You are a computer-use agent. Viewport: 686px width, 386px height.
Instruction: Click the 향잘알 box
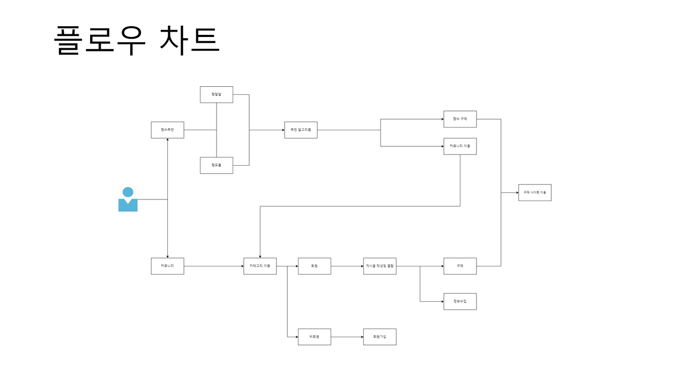217,94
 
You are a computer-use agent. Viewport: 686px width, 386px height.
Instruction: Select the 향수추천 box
167,130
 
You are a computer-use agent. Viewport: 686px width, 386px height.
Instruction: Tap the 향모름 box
217,165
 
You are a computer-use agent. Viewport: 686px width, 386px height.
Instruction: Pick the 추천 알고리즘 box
301,130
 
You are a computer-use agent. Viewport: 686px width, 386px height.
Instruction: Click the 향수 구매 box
460,119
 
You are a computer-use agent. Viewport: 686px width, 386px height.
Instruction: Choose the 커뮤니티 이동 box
460,146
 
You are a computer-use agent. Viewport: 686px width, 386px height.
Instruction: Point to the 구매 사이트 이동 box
535,192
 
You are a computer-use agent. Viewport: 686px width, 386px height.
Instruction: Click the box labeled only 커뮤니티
167,266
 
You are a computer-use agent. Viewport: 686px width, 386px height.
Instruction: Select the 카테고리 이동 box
260,266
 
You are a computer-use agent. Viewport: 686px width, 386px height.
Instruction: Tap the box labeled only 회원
315,266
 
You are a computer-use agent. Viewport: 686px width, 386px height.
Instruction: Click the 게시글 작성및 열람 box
380,266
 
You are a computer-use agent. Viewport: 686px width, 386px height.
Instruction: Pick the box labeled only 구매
460,266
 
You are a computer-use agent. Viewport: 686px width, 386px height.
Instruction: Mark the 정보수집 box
460,301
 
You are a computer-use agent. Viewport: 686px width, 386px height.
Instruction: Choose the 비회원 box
315,337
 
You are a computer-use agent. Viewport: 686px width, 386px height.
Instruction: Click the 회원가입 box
380,337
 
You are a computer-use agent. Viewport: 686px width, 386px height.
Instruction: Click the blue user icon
128,199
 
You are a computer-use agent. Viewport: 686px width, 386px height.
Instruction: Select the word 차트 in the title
190,40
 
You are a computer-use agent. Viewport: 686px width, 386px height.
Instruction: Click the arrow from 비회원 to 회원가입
347,337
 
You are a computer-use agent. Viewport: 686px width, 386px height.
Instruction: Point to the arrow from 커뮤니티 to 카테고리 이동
214,266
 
